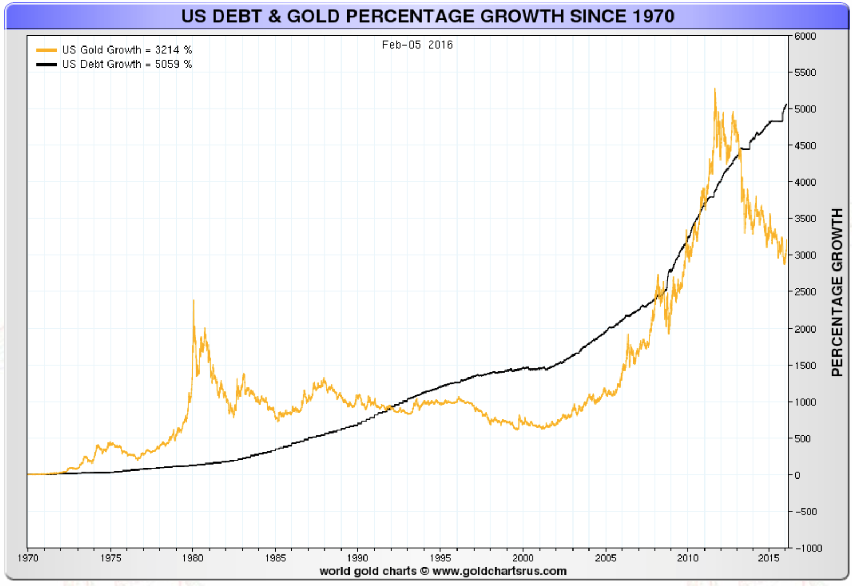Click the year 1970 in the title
[653, 16]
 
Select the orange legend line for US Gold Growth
[47, 50]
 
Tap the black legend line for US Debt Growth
[47, 65]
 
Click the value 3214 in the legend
[167, 50]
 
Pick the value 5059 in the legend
[167, 65]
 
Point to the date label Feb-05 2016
[417, 45]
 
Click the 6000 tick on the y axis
[805, 36]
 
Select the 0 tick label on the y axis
[797, 475]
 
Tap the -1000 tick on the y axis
[809, 549]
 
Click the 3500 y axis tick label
[805, 219]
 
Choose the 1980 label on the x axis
[192, 558]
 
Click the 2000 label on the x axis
[523, 558]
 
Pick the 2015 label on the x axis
[769, 558]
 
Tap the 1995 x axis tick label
[440, 558]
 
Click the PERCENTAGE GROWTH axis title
[837, 292]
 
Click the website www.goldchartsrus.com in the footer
[499, 571]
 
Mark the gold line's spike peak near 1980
[193, 301]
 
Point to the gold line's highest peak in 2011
[715, 89]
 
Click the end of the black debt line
[786, 105]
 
